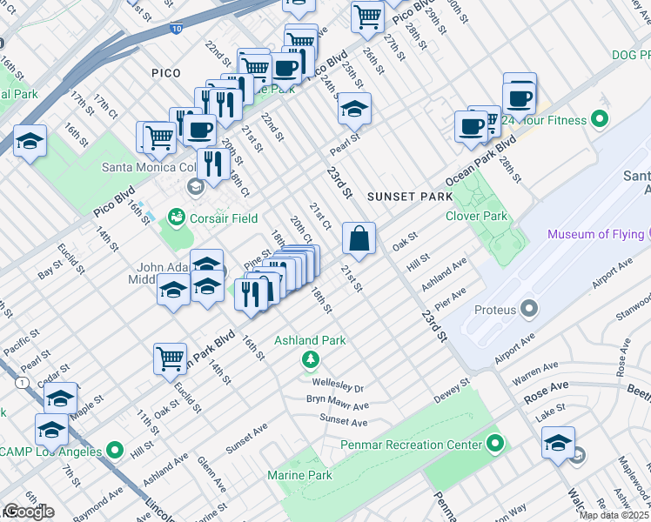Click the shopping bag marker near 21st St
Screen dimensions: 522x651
click(359, 238)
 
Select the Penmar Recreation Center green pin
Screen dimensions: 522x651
click(495, 445)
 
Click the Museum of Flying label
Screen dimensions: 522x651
click(597, 234)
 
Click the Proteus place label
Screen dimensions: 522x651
click(496, 310)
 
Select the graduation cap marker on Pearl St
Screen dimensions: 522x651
click(354, 110)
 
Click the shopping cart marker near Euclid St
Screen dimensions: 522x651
click(170, 358)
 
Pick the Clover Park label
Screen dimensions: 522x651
click(476, 216)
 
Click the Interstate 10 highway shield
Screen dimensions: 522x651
click(177, 30)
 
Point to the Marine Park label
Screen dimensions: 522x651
click(299, 475)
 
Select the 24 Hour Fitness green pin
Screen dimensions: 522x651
click(599, 117)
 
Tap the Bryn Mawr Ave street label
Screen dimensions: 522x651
click(337, 405)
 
